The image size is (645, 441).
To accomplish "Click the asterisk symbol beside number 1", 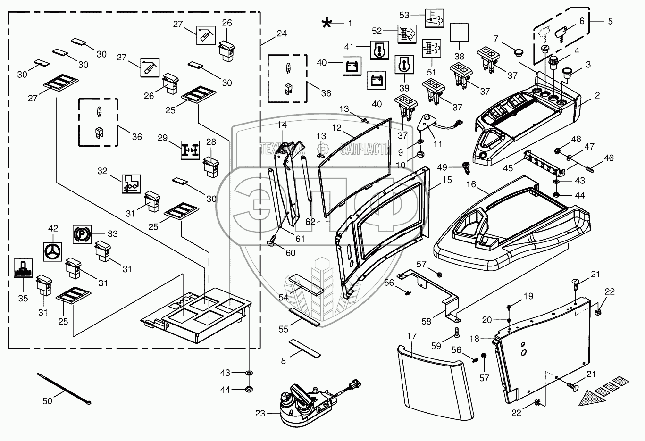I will (x=327, y=23).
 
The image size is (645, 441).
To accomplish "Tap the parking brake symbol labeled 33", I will (x=81, y=234).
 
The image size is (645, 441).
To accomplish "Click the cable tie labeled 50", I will (x=64, y=388).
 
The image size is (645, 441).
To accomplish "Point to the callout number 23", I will (x=260, y=414).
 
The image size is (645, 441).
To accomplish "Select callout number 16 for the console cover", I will (x=471, y=183).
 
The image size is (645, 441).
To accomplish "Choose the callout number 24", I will (x=282, y=34).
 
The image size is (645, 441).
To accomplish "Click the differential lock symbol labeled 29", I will (x=191, y=150).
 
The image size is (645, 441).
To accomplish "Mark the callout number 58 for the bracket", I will (x=426, y=321).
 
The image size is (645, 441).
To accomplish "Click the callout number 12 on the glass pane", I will (x=336, y=127).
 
